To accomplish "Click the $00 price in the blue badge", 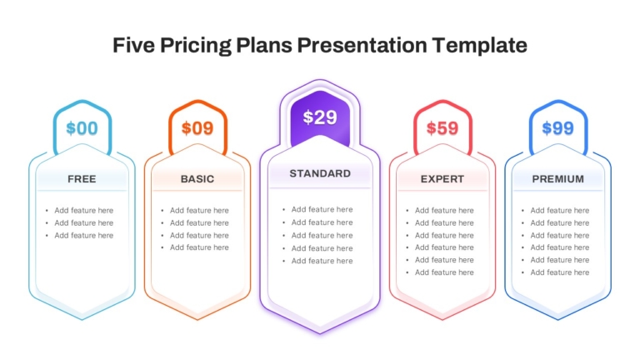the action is tap(82, 128).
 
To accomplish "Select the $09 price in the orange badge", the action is tap(197, 128).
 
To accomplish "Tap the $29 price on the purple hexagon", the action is tap(320, 117).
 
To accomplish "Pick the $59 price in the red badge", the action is tap(442, 128).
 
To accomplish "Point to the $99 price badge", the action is tap(558, 128).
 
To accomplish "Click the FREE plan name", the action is tap(82, 179).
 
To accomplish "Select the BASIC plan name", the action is tap(197, 179).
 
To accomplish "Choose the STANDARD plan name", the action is tap(320, 173).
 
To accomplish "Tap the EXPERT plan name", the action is tap(442, 179).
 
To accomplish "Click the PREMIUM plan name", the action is tap(558, 179).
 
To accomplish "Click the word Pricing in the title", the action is tap(196, 45).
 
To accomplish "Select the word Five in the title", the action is tap(134, 45).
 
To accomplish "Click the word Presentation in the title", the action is tap(362, 45).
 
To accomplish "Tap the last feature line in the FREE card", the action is tap(84, 236).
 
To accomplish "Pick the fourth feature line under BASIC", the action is tap(200, 247).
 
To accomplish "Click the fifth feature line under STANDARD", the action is tap(322, 261).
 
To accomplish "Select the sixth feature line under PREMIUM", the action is tap(560, 272).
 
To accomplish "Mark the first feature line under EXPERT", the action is tap(444, 210).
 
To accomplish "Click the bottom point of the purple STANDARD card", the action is tap(320, 333).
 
